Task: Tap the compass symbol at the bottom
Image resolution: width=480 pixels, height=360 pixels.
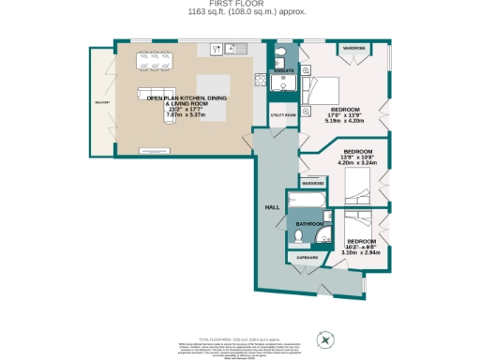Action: click(x=326, y=339)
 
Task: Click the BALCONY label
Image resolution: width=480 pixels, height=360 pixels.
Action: click(x=101, y=102)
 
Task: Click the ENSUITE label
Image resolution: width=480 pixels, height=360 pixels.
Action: click(x=283, y=71)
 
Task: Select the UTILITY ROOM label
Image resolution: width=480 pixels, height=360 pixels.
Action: click(x=283, y=114)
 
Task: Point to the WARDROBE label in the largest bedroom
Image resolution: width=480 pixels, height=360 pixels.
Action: click(x=353, y=47)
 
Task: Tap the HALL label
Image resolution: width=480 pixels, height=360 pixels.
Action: click(x=273, y=206)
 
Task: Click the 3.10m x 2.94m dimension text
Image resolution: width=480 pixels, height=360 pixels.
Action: click(x=362, y=252)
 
